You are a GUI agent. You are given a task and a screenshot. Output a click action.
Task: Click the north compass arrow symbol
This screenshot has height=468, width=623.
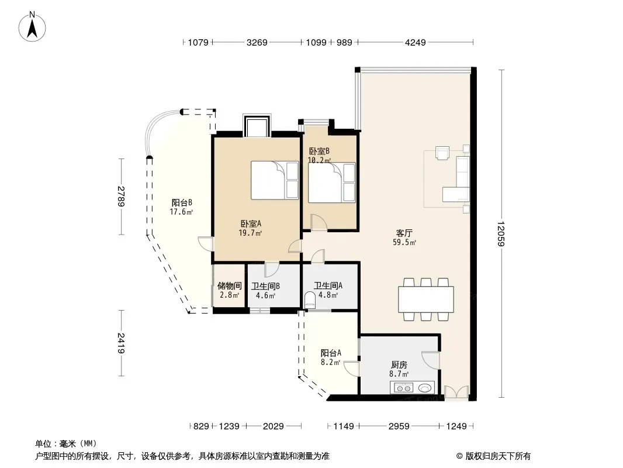click(x=32, y=27)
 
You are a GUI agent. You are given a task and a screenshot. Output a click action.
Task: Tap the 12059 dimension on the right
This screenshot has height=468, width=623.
click(x=501, y=234)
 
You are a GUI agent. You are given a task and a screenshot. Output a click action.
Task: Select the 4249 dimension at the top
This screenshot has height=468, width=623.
click(x=415, y=42)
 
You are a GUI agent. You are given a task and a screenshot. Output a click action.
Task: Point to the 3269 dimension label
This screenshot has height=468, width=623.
click(x=257, y=42)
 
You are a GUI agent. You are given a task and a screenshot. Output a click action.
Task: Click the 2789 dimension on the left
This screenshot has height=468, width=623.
click(x=121, y=197)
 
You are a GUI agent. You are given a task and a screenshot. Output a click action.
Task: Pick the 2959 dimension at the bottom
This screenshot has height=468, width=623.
click(x=399, y=426)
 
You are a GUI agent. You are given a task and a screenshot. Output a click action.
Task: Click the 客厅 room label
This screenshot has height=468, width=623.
click(x=404, y=233)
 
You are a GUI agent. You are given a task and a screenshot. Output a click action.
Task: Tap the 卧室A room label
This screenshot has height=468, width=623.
click(x=251, y=224)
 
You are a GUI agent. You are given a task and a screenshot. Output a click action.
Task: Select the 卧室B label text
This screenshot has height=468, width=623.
click(x=320, y=151)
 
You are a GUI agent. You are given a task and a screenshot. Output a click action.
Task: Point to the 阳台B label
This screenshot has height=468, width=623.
click(x=182, y=203)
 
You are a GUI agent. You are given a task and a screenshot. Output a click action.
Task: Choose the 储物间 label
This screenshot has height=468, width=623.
click(x=230, y=285)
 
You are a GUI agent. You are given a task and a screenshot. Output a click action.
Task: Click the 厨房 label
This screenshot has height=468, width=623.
click(x=399, y=364)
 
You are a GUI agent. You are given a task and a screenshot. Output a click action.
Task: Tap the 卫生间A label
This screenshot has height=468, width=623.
click(x=328, y=285)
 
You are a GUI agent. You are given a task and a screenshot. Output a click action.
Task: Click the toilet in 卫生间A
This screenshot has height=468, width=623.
click(x=310, y=300)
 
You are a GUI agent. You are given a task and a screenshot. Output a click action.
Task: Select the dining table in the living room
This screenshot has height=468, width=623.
click(x=426, y=299)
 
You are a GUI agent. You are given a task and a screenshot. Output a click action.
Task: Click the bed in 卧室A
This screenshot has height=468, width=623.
click(x=275, y=180)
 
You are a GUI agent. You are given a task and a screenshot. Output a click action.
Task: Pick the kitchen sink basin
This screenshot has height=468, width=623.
click(x=424, y=388)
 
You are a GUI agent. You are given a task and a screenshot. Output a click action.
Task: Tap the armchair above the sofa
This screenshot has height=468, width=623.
click(x=442, y=153)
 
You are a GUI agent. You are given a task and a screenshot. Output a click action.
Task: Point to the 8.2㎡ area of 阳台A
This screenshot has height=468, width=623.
click(x=331, y=362)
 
